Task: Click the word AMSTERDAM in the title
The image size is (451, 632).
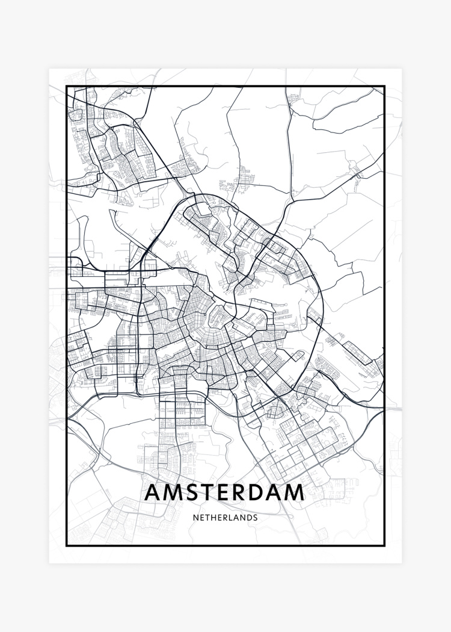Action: click(x=225, y=492)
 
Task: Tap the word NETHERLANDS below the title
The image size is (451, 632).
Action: click(x=225, y=517)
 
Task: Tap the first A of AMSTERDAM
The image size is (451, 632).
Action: click(x=153, y=492)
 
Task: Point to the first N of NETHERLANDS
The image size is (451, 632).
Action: click(x=195, y=517)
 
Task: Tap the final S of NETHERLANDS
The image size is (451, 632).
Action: click(x=255, y=517)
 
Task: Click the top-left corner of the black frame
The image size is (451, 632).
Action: click(x=66, y=86)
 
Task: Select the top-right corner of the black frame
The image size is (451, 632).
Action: click(x=384, y=86)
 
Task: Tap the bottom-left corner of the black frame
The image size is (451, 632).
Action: click(x=66, y=545)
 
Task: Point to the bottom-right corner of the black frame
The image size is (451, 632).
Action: click(x=384, y=545)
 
